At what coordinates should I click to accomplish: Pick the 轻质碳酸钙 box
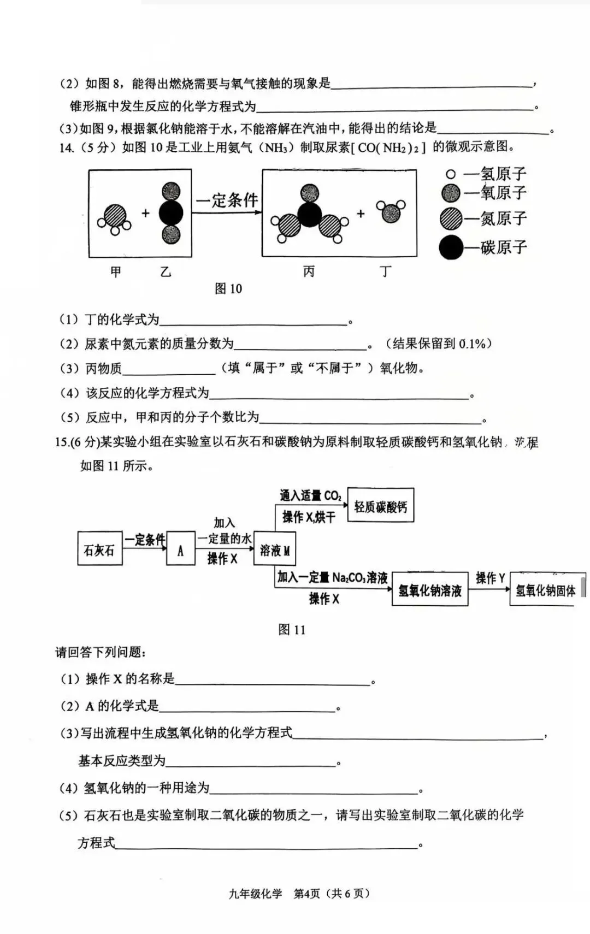tap(380, 506)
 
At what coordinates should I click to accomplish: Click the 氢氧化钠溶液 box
tap(430, 589)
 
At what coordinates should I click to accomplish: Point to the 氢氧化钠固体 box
tap(545, 589)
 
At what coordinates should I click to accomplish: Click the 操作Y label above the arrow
tap(490, 577)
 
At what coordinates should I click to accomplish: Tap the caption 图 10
tap(228, 288)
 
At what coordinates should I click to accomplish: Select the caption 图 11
tap(292, 629)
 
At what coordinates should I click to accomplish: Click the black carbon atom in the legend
tap(451, 247)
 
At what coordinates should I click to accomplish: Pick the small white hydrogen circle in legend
tap(451, 175)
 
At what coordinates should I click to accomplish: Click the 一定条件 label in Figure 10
tap(227, 200)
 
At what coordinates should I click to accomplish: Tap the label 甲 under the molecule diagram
tap(116, 271)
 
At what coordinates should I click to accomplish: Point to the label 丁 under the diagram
tap(386, 271)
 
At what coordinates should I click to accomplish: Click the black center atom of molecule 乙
tap(171, 213)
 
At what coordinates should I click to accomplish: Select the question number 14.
tap(66, 147)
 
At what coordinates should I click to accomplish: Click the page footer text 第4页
tap(306, 894)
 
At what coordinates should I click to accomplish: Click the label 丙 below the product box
tap(309, 271)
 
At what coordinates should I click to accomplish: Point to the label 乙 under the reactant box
tap(166, 271)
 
